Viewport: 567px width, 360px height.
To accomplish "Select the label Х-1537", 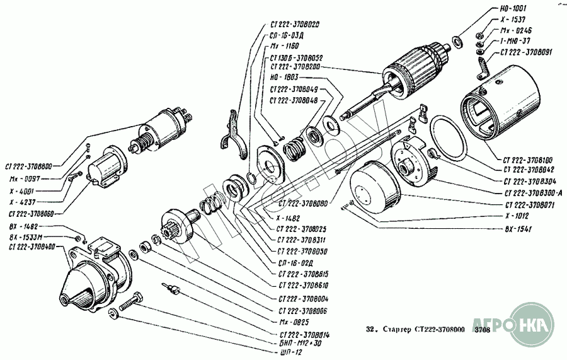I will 508,20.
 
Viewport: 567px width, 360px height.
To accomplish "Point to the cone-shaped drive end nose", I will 79,291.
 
